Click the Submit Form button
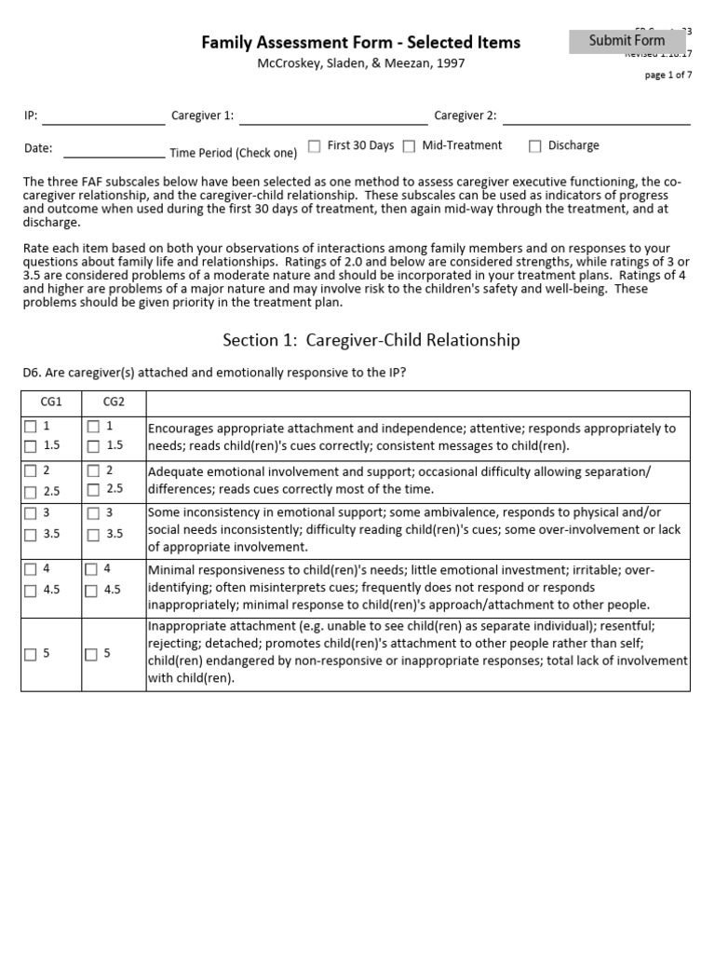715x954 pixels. [627, 41]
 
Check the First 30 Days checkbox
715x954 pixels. [315, 146]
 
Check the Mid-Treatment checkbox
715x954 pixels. [410, 146]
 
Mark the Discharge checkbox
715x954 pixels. [535, 146]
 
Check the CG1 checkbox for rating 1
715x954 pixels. [31, 427]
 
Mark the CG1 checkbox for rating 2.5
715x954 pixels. [31, 491]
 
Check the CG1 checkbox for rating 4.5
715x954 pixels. [31, 591]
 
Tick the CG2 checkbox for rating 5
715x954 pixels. [91, 655]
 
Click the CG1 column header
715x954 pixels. [51, 402]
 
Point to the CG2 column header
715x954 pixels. [113, 402]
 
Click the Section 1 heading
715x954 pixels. [371, 340]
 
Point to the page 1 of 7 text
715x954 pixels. [668, 75]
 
